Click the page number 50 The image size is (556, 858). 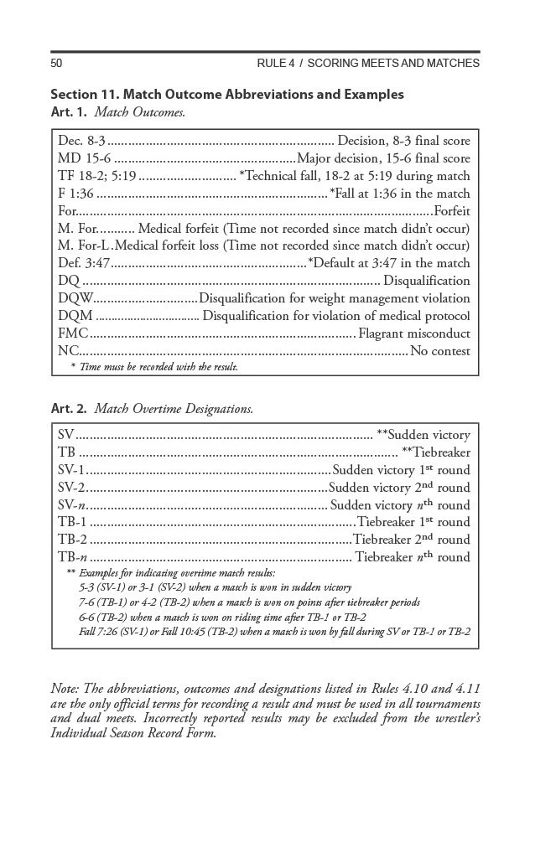click(57, 64)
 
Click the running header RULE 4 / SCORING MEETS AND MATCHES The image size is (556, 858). click(368, 64)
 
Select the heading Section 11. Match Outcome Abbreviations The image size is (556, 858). click(226, 94)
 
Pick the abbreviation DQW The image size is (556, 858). click(75, 298)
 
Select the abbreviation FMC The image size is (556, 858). click(74, 333)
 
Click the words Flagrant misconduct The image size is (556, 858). click(414, 333)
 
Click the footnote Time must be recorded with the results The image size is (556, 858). click(154, 366)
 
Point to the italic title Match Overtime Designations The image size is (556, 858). click(174, 409)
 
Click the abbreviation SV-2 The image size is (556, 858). click(72, 488)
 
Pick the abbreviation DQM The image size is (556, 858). click(76, 316)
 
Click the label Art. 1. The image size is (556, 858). click(69, 111)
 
